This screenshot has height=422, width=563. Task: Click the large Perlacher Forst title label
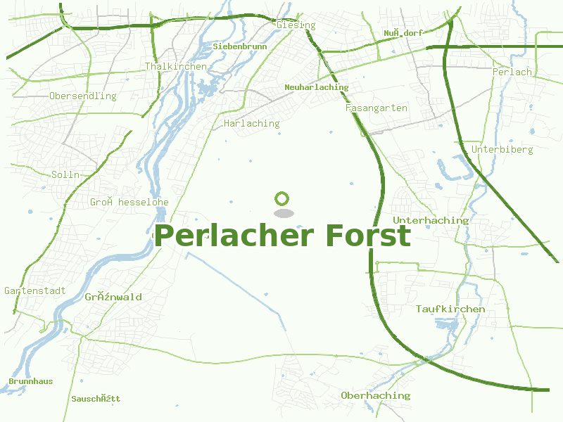[282, 236]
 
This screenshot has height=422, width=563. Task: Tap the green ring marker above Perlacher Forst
[282, 198]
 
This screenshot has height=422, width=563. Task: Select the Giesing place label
[296, 25]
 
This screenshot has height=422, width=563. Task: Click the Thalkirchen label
[176, 66]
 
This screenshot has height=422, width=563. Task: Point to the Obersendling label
[83, 96]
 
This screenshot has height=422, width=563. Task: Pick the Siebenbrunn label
[240, 46]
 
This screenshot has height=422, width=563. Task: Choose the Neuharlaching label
[317, 87]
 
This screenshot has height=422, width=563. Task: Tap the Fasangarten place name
[377, 108]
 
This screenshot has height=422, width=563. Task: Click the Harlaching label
[251, 123]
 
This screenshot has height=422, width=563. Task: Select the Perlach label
[512, 72]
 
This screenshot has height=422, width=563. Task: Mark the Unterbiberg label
[502, 149]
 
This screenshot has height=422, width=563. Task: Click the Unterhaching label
[431, 220]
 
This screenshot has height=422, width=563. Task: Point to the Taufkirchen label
[450, 309]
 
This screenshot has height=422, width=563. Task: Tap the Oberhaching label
[375, 395]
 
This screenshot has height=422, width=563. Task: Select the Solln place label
[66, 174]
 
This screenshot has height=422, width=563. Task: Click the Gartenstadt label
[35, 290]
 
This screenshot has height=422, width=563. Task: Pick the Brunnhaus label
[30, 381]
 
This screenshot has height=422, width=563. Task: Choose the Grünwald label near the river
[113, 297]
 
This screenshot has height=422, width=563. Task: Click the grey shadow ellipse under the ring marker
[282, 212]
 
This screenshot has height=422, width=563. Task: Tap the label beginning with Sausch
[96, 399]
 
